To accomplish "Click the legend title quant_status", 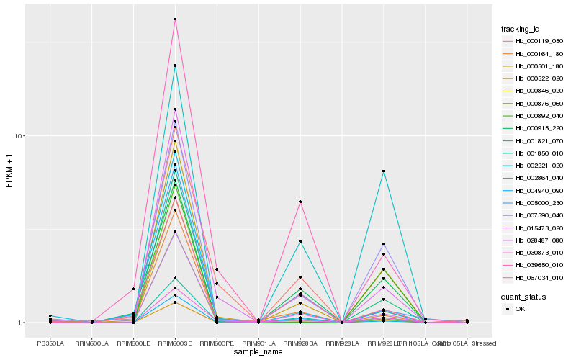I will [x=524, y=296].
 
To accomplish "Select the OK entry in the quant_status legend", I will [x=519, y=308].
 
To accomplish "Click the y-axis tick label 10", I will [x=19, y=136].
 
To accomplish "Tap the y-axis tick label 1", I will [x=22, y=323].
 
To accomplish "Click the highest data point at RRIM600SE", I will [x=175, y=19].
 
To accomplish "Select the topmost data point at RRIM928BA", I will [x=300, y=202].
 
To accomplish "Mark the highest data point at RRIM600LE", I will [x=133, y=289].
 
